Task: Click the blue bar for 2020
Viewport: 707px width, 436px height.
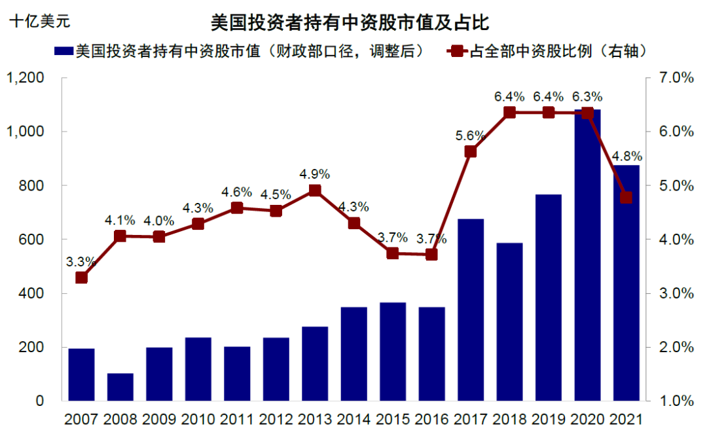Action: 587,255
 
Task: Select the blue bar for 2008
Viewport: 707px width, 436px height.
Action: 120,387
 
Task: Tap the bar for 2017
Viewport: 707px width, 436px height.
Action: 471,310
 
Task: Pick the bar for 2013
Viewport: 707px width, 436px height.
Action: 315,363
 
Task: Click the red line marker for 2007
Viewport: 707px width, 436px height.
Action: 82,278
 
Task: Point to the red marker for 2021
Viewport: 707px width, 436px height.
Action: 626,198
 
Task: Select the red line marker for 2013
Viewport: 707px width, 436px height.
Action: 315,191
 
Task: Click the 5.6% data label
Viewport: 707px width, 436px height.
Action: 470,136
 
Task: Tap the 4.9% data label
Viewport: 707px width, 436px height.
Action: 315,174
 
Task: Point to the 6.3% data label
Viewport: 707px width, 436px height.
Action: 587,96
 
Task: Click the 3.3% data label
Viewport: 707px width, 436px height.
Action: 81,261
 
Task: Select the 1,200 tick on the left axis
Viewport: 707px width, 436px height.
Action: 26,78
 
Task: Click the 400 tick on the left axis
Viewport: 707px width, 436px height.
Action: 31,293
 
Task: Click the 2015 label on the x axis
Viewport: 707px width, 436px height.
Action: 393,420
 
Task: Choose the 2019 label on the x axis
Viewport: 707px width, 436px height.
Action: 549,420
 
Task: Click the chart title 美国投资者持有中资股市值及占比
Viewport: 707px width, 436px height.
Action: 350,22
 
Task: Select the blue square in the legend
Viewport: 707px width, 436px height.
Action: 63,51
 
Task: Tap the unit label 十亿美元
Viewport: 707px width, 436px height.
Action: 40,21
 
